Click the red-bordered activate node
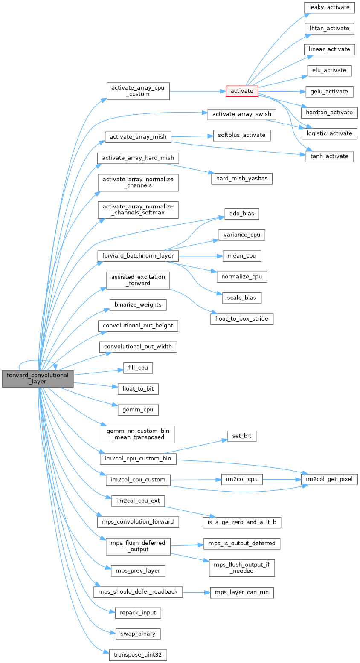(x=242, y=91)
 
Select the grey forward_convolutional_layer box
(x=38, y=379)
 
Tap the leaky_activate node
(x=329, y=7)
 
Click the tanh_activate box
(x=329, y=156)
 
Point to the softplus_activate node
(x=242, y=135)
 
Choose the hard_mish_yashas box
(x=242, y=178)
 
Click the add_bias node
(x=242, y=214)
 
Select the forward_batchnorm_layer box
(x=138, y=256)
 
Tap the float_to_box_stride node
(x=242, y=318)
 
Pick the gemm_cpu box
(x=138, y=410)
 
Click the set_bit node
(x=242, y=436)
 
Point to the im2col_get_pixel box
(x=329, y=479)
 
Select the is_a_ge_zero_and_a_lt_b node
(x=242, y=522)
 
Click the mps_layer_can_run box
(x=242, y=592)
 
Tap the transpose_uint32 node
(x=138, y=654)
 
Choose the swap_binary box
(x=138, y=634)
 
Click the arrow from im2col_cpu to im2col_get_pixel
(x=282, y=479)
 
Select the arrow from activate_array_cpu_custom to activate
(x=196, y=91)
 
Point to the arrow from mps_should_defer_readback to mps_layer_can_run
(x=196, y=592)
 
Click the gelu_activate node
(x=329, y=91)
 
